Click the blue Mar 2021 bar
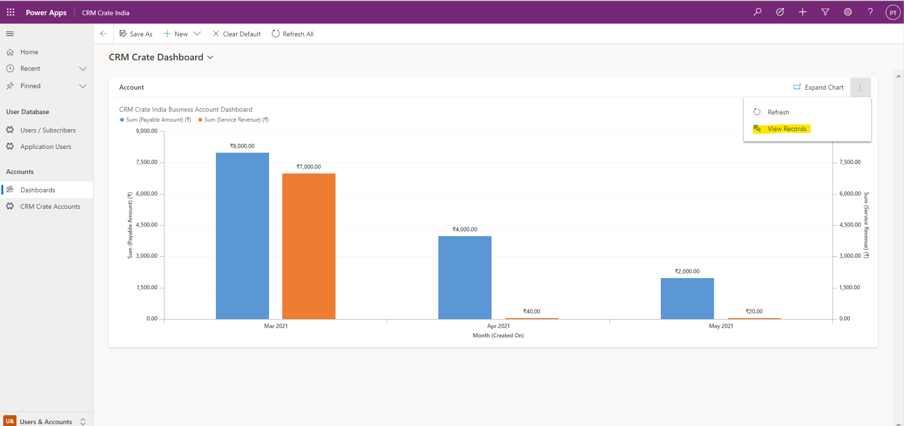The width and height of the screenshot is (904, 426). tap(242, 236)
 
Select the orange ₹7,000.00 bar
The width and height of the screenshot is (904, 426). tap(309, 246)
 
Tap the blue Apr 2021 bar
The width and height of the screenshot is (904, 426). tap(465, 278)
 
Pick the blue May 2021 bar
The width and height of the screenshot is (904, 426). tap(687, 298)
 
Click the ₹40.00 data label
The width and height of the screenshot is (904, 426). tap(532, 312)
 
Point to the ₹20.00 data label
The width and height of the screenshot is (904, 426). tap(754, 312)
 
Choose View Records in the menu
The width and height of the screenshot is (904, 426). tap(786, 129)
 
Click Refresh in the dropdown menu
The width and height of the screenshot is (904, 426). tap(778, 112)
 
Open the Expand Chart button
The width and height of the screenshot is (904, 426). tap(818, 87)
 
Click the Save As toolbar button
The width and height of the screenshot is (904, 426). tap(136, 34)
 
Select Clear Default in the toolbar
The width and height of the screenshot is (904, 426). tap(237, 34)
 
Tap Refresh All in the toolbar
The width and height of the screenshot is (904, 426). tap(293, 34)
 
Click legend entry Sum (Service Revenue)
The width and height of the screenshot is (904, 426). tap(233, 120)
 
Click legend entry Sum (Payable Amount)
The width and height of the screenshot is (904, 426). tap(156, 120)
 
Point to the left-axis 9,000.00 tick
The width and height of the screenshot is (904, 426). tap(146, 131)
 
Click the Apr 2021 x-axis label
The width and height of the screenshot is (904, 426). tap(498, 326)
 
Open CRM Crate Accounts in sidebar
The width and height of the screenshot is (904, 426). tap(50, 207)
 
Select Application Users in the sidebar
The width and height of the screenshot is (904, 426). tap(46, 147)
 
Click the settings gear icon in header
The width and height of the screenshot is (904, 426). tap(848, 12)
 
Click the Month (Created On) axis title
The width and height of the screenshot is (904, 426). tap(498, 335)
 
